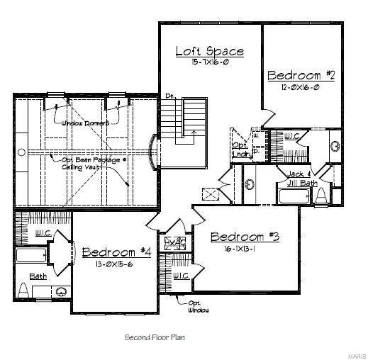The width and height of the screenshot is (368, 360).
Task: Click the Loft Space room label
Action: pyautogui.click(x=209, y=51)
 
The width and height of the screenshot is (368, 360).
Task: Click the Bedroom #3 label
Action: pyautogui.click(x=245, y=237)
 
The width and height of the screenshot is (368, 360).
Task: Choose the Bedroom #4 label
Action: pyautogui.click(x=117, y=252)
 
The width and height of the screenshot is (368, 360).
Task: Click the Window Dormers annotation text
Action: pyautogui.click(x=84, y=123)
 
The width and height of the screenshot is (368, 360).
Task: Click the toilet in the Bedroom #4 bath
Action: pyautogui.click(x=23, y=289)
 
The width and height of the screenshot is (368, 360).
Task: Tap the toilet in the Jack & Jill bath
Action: pyautogui.click(x=320, y=195)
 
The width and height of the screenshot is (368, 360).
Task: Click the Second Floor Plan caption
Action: pyautogui.click(x=155, y=337)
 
